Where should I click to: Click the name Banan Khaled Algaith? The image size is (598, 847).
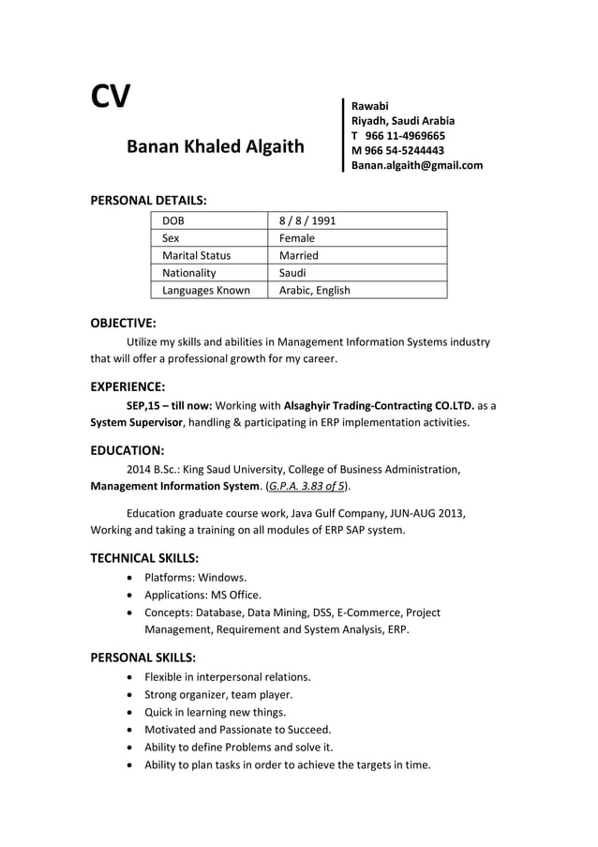point(215,146)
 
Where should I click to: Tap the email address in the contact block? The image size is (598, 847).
point(416,165)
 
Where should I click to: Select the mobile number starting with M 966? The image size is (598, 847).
point(397,150)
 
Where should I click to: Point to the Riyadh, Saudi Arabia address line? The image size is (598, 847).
point(402,120)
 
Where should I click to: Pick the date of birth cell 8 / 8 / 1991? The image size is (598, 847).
point(307,220)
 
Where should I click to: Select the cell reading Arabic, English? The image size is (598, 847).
point(314,290)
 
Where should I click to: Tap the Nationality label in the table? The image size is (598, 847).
point(188,273)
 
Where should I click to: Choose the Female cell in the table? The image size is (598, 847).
point(296,238)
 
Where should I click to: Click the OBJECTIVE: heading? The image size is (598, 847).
point(123,324)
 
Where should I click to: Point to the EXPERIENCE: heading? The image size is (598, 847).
point(127,386)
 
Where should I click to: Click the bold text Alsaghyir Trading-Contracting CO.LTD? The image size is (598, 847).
point(379,405)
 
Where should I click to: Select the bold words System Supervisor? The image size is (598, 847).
point(136,423)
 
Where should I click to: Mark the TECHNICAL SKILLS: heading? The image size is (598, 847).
point(143,558)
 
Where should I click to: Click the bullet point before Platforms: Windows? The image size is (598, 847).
point(128,578)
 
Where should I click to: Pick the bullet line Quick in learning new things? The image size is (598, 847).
point(215,712)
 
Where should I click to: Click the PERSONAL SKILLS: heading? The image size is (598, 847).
point(142,657)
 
